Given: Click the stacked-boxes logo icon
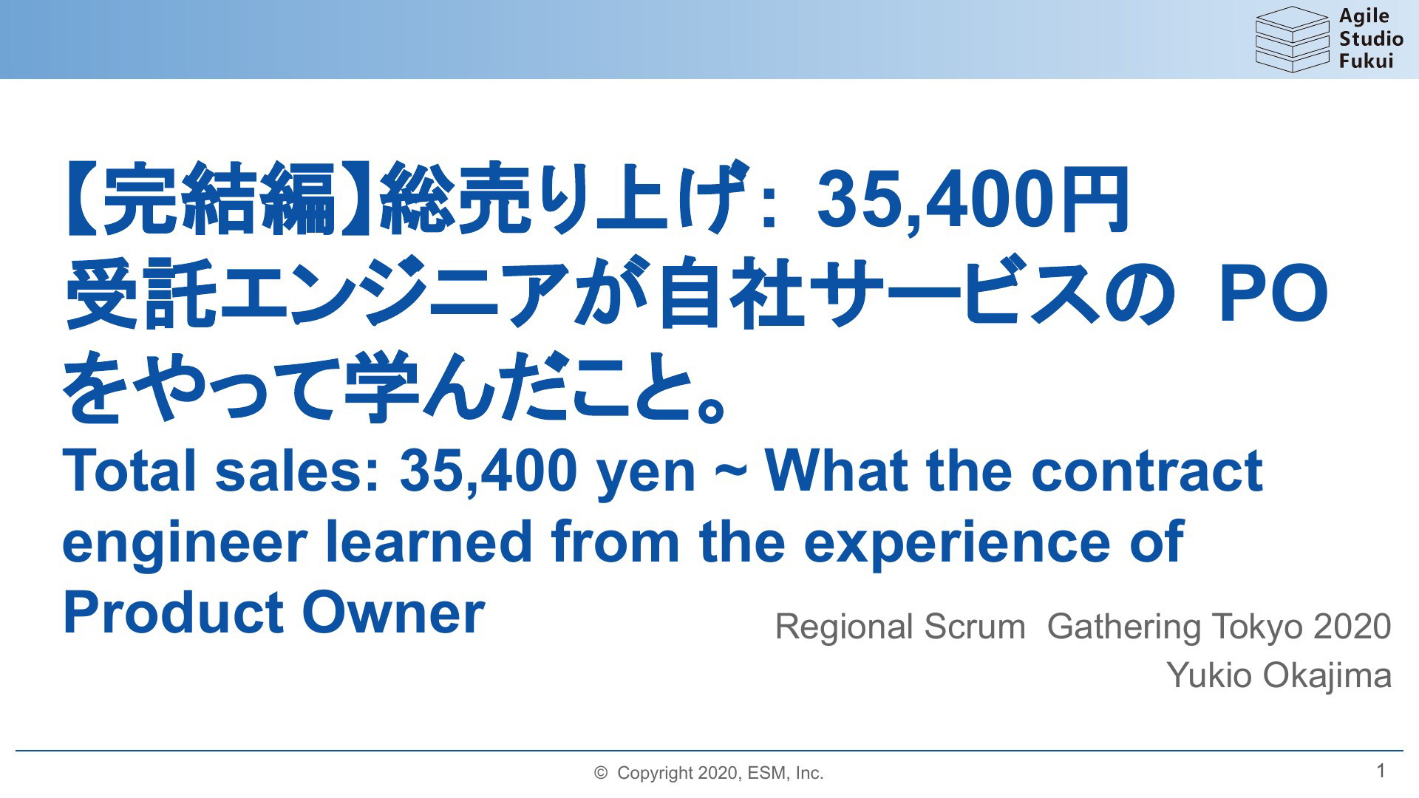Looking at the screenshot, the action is click(1292, 39).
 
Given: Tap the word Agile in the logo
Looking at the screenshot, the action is click(1364, 17).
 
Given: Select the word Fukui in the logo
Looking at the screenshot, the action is click(1366, 61).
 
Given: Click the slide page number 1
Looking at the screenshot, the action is click(1381, 771).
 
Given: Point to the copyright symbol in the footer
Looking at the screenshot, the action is click(601, 773).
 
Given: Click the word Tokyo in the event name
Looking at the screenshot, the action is click(1256, 627).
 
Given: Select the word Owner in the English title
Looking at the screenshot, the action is click(393, 613).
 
